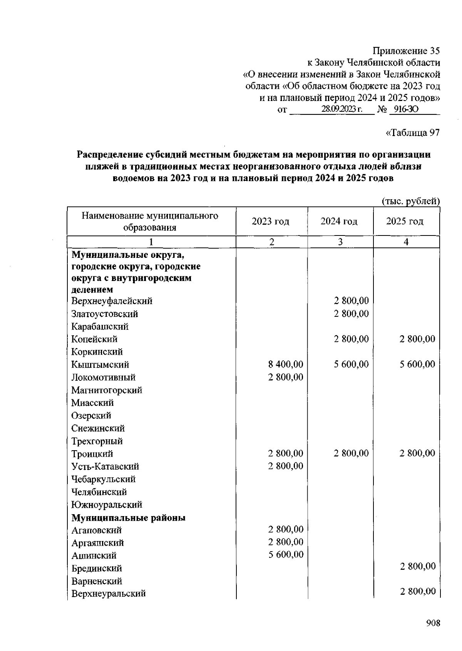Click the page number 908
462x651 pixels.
click(x=433, y=623)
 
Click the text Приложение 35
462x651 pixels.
click(x=406, y=51)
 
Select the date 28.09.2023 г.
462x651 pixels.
click(x=341, y=109)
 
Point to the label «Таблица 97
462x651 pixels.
click(x=412, y=133)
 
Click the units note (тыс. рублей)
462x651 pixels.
click(x=410, y=201)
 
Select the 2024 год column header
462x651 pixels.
click(x=339, y=222)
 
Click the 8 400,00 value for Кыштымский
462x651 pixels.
click(x=286, y=364)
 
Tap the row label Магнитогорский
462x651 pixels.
click(x=107, y=390)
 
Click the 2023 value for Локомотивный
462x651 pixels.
click(x=286, y=377)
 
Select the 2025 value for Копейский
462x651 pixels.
click(x=417, y=339)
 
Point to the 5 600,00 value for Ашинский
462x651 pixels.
click(x=286, y=555)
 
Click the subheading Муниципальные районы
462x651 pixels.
click(x=128, y=518)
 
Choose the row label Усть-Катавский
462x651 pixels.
click(x=105, y=466)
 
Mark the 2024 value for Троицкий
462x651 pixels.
click(x=351, y=453)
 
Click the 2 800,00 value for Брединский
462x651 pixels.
click(x=417, y=566)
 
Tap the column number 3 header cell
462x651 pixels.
click(x=340, y=242)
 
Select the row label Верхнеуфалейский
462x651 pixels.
click(x=112, y=301)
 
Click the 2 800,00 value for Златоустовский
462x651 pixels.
click(x=351, y=313)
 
